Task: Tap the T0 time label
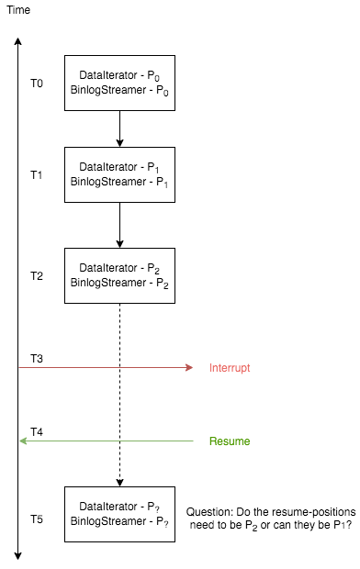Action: pyautogui.click(x=37, y=84)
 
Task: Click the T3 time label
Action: pyautogui.click(x=37, y=357)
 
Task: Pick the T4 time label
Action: pyautogui.click(x=37, y=430)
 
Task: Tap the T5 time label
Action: pyautogui.click(x=37, y=519)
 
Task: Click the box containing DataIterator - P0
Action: pyautogui.click(x=119, y=84)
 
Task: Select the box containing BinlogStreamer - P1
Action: pyautogui.click(x=119, y=175)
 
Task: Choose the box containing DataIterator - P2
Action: pyautogui.click(x=119, y=276)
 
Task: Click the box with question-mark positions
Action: pyautogui.click(x=119, y=514)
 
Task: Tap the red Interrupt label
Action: pyautogui.click(x=230, y=368)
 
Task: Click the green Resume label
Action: pyautogui.click(x=230, y=441)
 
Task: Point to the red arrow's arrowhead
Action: pyautogui.click(x=189, y=368)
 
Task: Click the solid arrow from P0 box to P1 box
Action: pyautogui.click(x=119, y=128)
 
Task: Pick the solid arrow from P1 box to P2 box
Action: pyautogui.click(x=119, y=225)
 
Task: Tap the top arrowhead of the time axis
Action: pyautogui.click(x=18, y=40)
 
